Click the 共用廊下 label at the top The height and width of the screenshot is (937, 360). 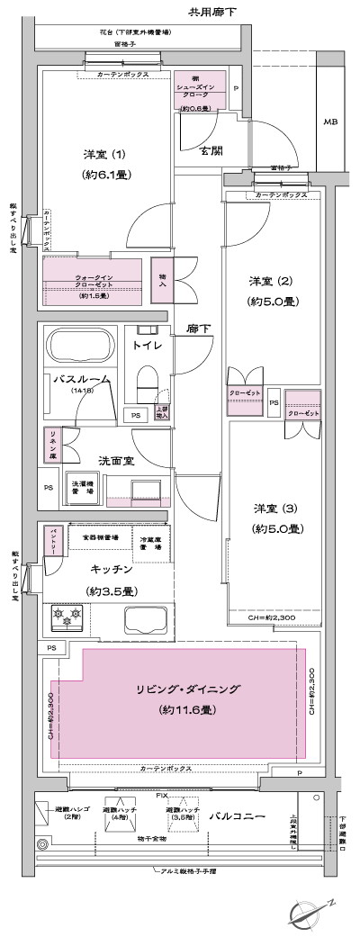pyautogui.click(x=213, y=12)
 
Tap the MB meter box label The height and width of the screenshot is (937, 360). pyautogui.click(x=330, y=122)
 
